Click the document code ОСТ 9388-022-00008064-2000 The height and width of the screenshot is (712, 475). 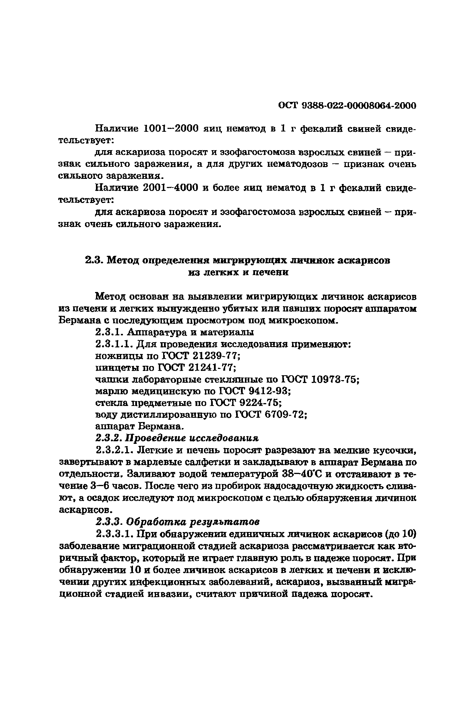point(347,105)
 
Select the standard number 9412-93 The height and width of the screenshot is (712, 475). point(270,391)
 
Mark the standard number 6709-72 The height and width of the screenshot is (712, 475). point(286,415)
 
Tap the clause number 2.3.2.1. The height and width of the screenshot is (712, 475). point(115,450)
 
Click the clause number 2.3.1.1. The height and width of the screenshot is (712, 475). point(115,344)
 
